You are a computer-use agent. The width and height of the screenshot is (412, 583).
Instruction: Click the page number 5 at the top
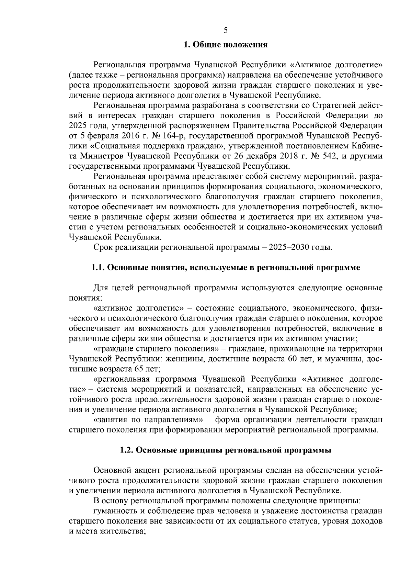(x=226, y=30)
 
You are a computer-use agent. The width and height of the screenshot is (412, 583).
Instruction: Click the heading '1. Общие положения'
(x=226, y=45)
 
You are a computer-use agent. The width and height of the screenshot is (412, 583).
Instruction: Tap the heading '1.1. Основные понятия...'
(x=226, y=268)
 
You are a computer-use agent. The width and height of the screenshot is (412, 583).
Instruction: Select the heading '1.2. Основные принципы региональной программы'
(x=226, y=450)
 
